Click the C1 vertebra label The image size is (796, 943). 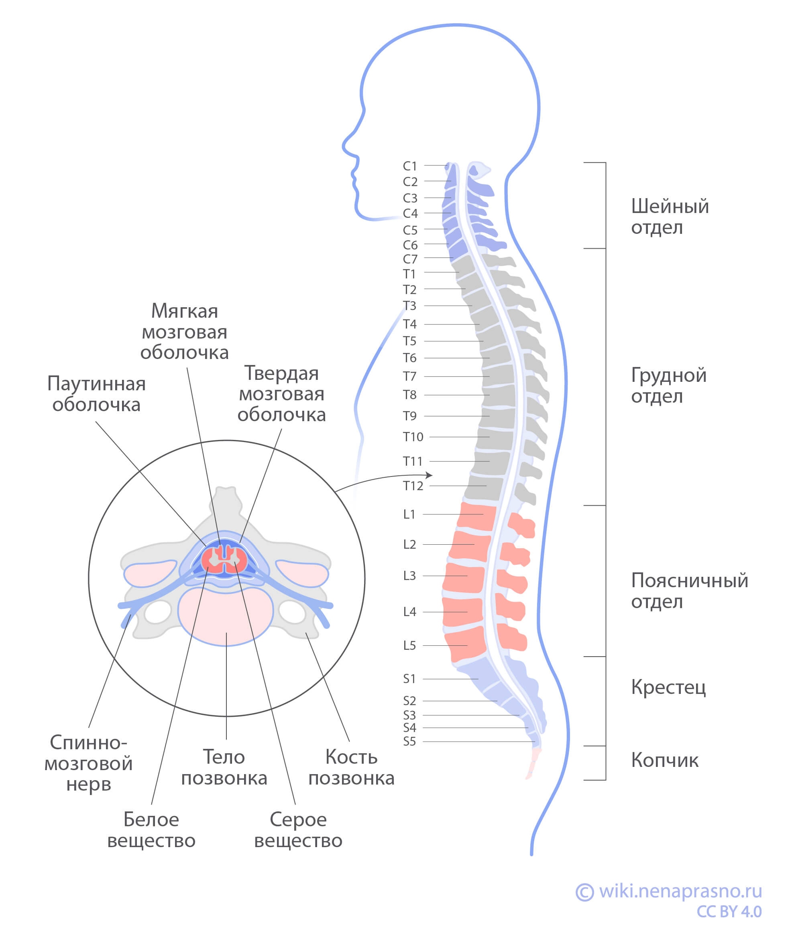point(410,166)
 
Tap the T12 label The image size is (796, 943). point(413,486)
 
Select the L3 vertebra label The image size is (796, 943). point(409,576)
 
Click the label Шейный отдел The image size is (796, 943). point(669,217)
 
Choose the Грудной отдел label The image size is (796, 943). point(668,385)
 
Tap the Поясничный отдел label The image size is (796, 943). point(689,591)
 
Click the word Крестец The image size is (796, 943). point(668,687)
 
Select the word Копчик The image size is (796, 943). point(664,760)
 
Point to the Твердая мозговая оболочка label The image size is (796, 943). point(281,394)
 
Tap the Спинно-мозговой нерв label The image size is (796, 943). point(88,764)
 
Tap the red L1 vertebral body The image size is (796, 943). point(476,517)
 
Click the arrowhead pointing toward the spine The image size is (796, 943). point(430,475)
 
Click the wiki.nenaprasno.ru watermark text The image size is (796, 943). point(680,891)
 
